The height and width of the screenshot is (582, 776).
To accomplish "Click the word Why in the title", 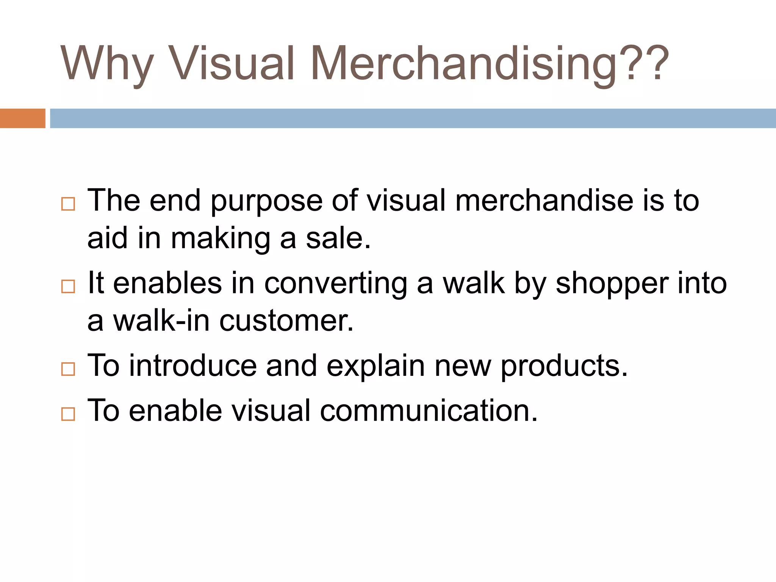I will [107, 64].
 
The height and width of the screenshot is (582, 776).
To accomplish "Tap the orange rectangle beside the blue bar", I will [22, 118].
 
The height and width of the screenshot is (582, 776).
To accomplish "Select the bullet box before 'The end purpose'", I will [68, 204].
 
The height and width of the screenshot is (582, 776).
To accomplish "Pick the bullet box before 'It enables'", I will [68, 286].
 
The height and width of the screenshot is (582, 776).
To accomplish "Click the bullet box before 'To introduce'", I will [68, 369].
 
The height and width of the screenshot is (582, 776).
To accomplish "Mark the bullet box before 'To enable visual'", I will [68, 414].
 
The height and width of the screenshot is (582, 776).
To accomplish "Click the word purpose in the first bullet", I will [266, 202].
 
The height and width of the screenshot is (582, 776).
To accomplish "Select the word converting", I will [335, 284].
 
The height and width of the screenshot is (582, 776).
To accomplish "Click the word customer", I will [286, 321].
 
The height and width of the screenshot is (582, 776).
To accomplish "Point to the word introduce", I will [193, 366].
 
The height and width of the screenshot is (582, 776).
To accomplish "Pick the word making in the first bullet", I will [220, 239].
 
